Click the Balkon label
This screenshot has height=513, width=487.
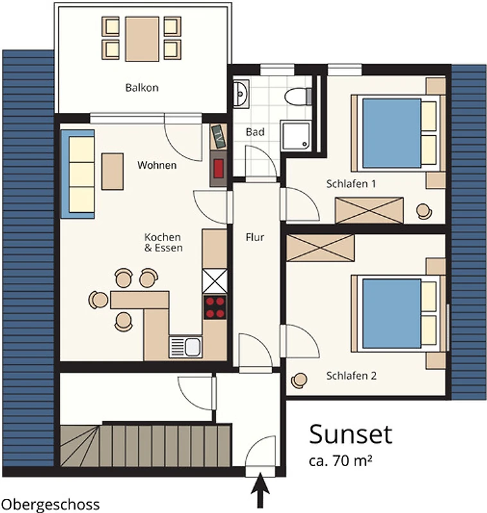(x=142, y=88)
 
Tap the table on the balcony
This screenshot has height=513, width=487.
(x=142, y=39)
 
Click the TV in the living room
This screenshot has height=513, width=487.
(x=218, y=137)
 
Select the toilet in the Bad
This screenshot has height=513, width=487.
(x=298, y=96)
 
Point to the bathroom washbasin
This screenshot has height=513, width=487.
(x=241, y=94)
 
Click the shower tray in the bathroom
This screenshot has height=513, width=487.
(x=296, y=135)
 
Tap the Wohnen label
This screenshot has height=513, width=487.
(x=157, y=165)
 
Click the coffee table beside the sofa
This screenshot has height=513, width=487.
(x=112, y=171)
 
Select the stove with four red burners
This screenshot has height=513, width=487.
(x=215, y=307)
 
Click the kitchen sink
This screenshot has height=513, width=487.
(x=185, y=347)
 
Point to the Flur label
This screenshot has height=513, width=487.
(x=255, y=237)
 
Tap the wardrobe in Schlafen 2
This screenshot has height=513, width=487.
(x=320, y=248)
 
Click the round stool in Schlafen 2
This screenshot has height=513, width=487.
(x=299, y=380)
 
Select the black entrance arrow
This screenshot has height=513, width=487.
(x=261, y=490)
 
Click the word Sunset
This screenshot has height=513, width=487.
(x=350, y=434)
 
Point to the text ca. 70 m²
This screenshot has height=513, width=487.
(x=340, y=460)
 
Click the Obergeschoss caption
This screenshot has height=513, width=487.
(x=51, y=505)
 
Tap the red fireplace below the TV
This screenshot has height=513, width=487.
(x=218, y=168)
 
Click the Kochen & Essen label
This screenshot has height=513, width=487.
(x=164, y=242)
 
